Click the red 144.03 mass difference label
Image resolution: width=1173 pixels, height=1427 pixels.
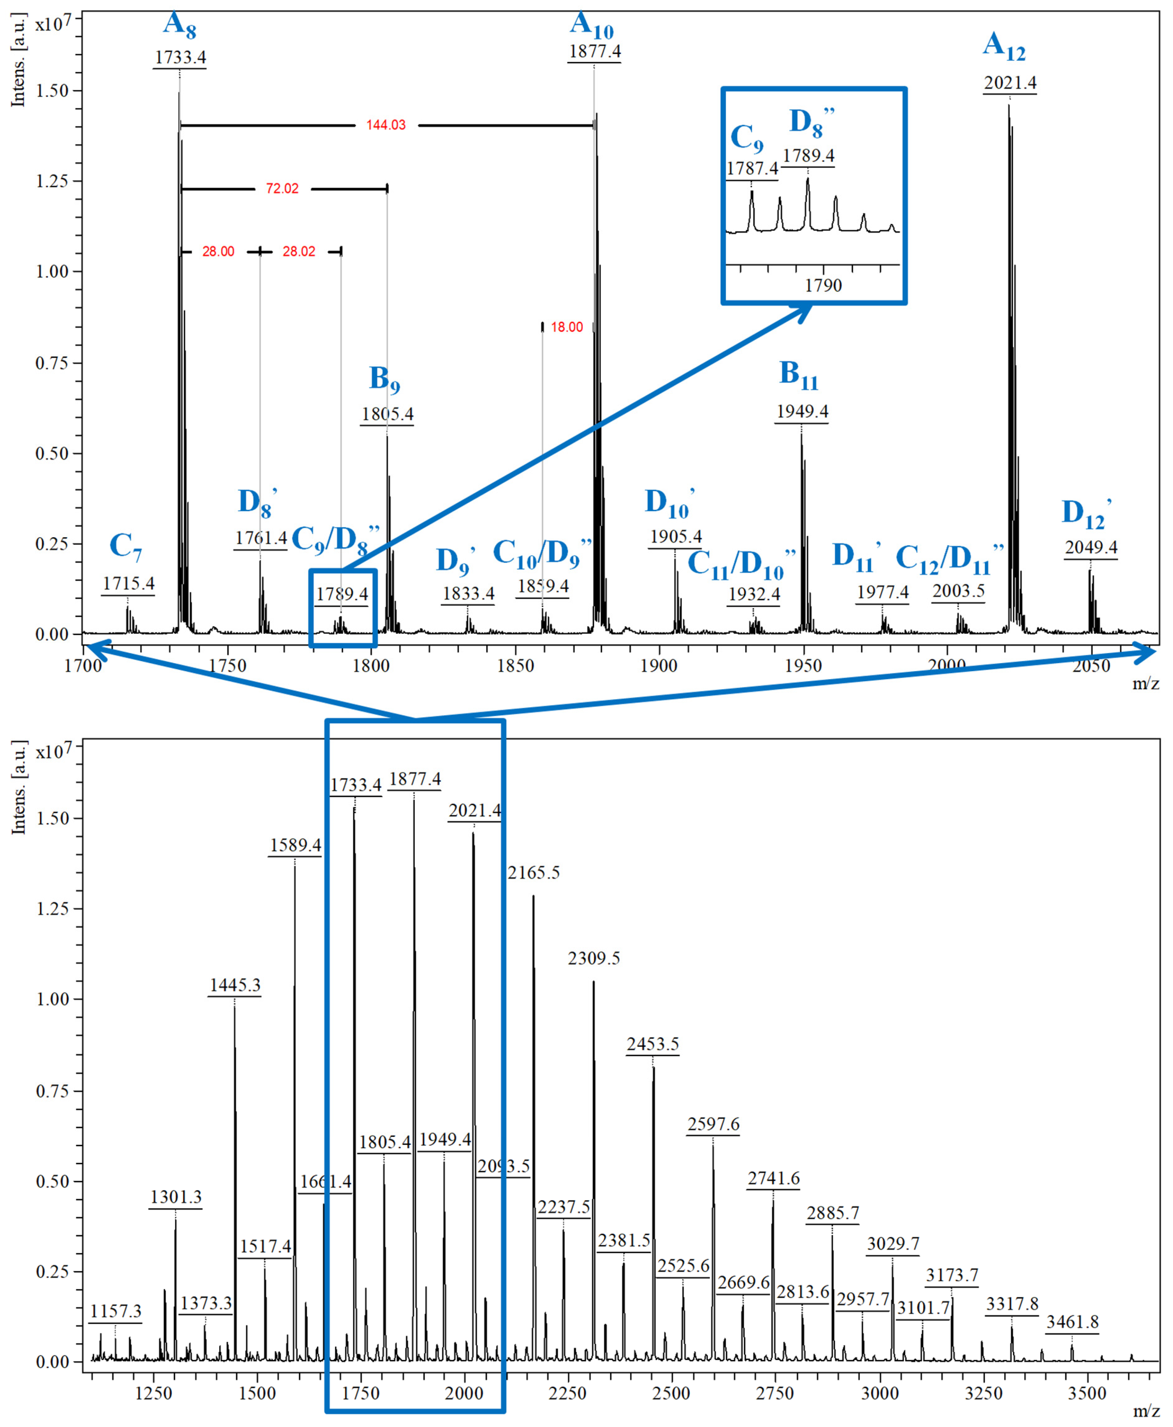point(386,125)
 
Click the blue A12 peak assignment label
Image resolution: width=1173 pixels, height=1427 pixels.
point(1004,46)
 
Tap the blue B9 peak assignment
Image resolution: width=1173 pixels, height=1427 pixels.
point(384,379)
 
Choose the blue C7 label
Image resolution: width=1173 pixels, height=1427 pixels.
point(126,546)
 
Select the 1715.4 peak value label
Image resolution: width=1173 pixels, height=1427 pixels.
point(128,583)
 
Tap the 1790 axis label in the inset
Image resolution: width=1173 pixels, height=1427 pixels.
point(823,285)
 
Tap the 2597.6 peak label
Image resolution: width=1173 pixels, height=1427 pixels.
point(714,1124)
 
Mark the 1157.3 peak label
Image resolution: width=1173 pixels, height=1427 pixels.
point(115,1312)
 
